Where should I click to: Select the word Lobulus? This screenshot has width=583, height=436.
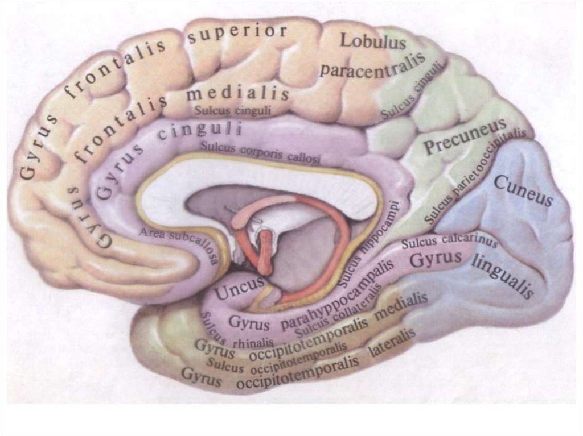tap(373, 41)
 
